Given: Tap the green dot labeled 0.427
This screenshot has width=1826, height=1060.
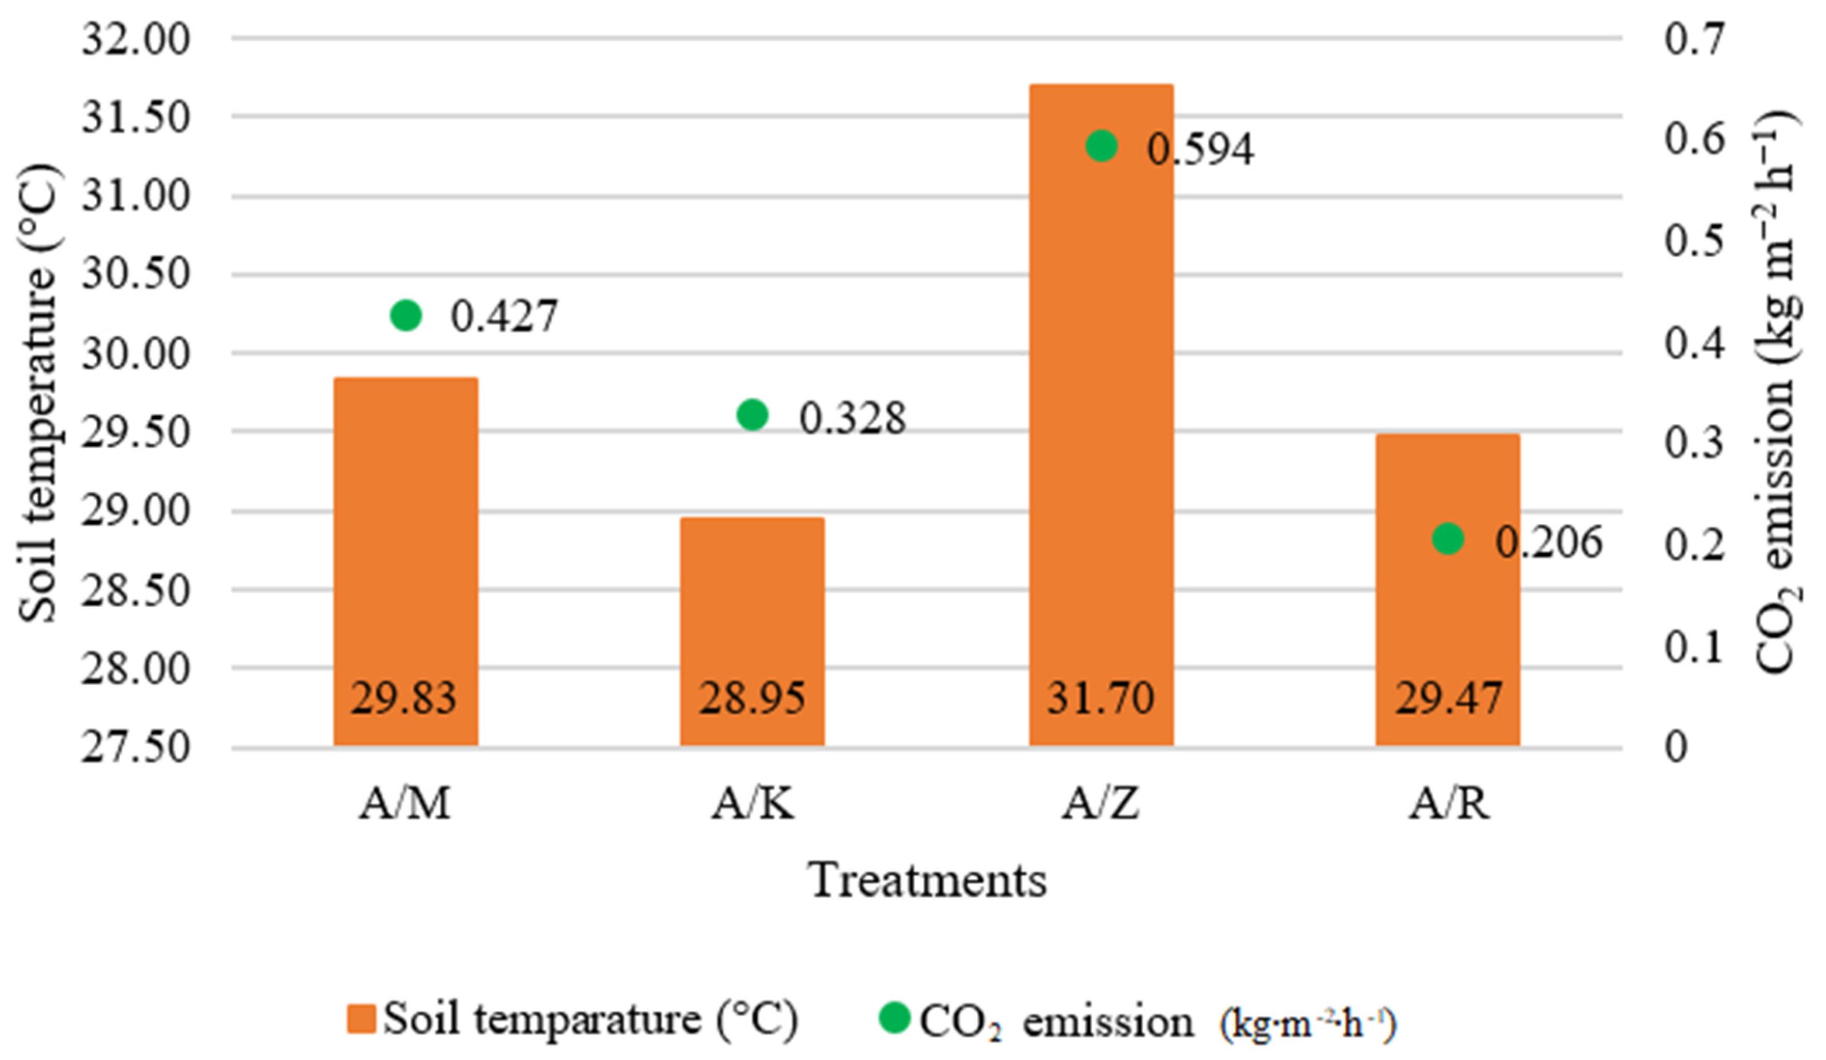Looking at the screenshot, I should pos(406,315).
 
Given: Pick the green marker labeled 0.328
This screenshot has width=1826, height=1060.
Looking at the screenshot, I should pos(752,415).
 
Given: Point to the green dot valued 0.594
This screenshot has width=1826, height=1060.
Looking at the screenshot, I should pos(1102,146).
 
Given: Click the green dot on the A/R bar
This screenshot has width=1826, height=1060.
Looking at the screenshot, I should pos(1448,539).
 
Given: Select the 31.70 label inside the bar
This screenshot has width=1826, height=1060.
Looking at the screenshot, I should pos(1100,698).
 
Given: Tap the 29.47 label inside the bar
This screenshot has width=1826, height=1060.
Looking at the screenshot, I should pos(1448,698).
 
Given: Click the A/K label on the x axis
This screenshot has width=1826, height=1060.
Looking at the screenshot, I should pos(752,803).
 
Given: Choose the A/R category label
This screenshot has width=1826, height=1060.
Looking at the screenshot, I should pos(1449,803).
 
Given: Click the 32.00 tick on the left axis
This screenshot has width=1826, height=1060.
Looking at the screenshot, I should pos(136,38).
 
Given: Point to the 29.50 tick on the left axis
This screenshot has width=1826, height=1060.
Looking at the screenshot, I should pos(136,432).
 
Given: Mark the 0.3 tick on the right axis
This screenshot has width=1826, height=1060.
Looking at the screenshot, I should pos(1693,442).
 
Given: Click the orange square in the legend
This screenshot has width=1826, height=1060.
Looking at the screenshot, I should pos(361,1018).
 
